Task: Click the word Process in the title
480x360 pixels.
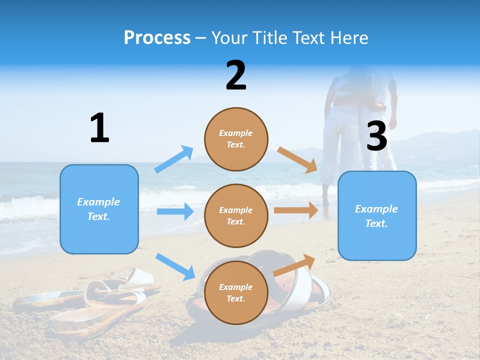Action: tap(157, 37)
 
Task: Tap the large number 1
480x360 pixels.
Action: tap(99, 128)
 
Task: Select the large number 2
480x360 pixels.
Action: tap(236, 75)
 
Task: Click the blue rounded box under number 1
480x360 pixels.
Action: tap(99, 209)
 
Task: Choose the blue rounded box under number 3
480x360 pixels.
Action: tap(377, 215)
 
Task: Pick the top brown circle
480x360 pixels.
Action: tap(236, 139)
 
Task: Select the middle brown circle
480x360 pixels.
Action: tap(236, 215)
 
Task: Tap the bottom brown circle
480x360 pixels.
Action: tap(236, 292)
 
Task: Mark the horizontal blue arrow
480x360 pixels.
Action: tap(175, 211)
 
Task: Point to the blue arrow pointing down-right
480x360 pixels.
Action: tap(175, 266)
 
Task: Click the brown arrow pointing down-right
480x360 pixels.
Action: tap(298, 160)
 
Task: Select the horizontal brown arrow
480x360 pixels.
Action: tap(296, 210)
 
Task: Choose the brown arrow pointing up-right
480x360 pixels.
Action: tap(294, 265)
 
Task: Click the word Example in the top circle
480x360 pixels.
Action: tap(236, 133)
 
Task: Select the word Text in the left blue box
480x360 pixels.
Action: tap(98, 216)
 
